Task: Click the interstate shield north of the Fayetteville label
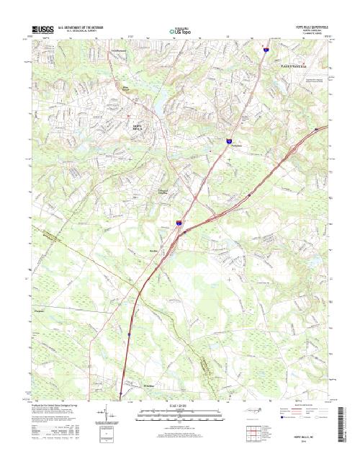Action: (x=265, y=50)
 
